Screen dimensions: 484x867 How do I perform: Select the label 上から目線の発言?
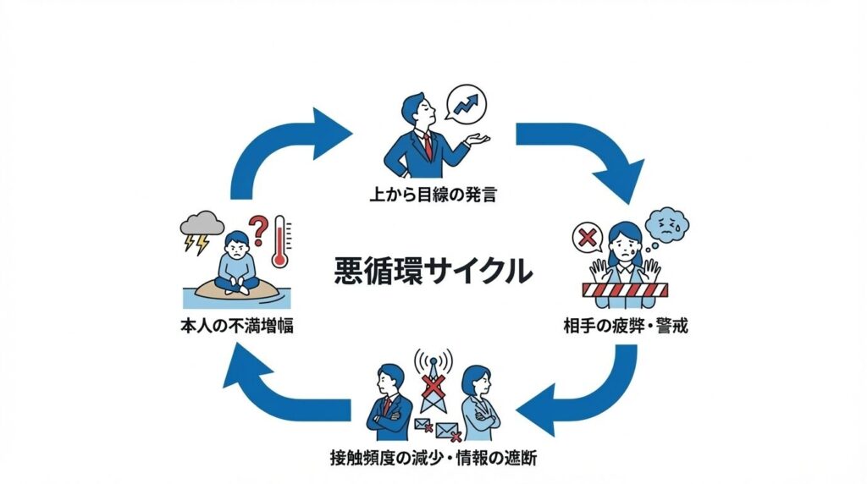433,195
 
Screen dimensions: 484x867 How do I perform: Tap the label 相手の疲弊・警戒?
625,325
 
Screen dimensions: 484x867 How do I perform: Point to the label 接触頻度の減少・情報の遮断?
433,459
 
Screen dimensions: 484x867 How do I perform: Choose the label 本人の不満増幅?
238,325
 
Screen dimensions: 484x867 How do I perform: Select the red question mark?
258,228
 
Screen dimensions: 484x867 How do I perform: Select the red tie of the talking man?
428,145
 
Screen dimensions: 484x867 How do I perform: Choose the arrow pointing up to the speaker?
279,152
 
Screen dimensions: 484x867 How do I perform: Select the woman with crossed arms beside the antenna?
478,404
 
